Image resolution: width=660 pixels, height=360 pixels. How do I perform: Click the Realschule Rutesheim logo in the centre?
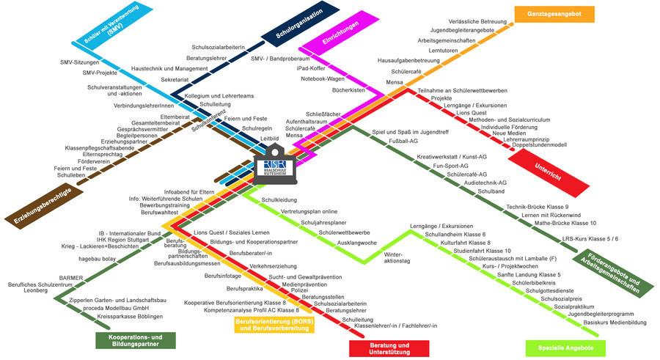pos(277,169)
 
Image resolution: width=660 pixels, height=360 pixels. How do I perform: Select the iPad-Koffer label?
pos(309,68)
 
